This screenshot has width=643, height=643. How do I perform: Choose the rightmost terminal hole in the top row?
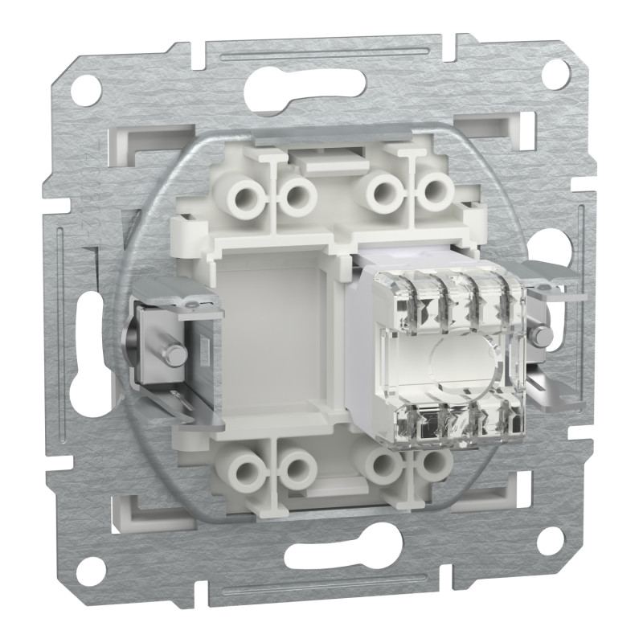[436, 190]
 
